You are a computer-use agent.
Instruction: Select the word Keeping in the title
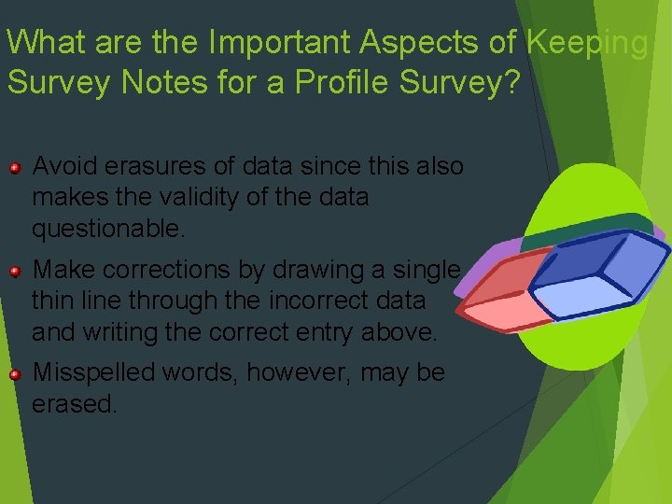tap(587, 42)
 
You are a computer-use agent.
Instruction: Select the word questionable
tap(103, 228)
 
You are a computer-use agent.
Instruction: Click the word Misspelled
tap(94, 372)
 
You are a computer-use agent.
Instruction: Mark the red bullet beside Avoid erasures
tap(15, 168)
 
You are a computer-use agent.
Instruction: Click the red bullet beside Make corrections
tap(15, 272)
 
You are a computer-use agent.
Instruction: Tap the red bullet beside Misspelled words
tap(15, 374)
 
